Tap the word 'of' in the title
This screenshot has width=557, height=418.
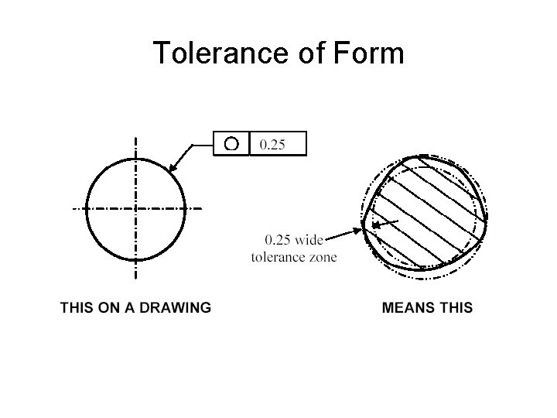(x=312, y=53)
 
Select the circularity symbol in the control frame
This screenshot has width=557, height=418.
(x=231, y=143)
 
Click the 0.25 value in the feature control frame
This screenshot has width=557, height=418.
(x=272, y=144)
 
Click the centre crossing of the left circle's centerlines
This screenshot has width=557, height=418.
(x=136, y=208)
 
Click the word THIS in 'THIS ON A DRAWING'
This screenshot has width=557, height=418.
(x=77, y=307)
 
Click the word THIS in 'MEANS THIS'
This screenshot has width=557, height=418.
(x=455, y=307)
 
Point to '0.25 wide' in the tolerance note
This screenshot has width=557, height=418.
(x=293, y=241)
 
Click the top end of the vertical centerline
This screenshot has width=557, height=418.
(x=136, y=139)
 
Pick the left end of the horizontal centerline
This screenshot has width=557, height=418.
(x=73, y=208)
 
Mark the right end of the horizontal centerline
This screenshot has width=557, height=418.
(x=202, y=208)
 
